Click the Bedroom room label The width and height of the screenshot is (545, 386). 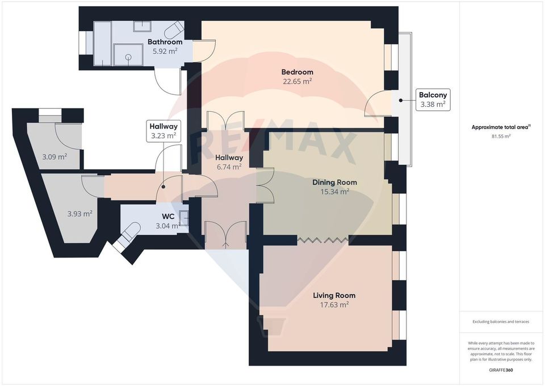(x=297, y=72)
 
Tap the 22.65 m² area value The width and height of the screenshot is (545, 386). (x=297, y=81)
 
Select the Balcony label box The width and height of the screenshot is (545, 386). (x=434, y=99)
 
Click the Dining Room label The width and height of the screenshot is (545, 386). (x=334, y=182)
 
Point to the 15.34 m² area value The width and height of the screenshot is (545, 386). (x=334, y=192)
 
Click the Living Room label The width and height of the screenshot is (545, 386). (x=334, y=296)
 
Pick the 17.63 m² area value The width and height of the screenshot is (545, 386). (x=334, y=305)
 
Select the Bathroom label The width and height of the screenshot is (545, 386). (x=165, y=42)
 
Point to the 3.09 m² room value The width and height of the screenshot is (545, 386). (x=55, y=156)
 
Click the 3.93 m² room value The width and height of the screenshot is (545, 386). (x=79, y=214)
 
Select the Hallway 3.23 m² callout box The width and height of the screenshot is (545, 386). (x=163, y=131)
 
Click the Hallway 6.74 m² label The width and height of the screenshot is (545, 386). (x=229, y=157)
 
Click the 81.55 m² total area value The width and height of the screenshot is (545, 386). (x=500, y=136)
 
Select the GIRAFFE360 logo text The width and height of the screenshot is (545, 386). (x=501, y=370)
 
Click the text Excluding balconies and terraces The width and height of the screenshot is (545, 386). (x=501, y=322)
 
